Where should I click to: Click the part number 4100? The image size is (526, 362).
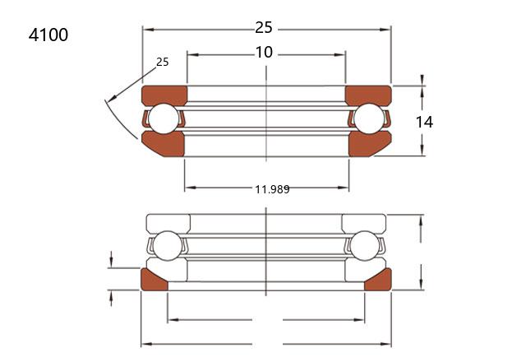[48, 35]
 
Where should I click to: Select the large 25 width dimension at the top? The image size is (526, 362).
[264, 27]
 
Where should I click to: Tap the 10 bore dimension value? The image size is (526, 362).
[264, 53]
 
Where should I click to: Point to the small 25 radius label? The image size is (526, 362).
[163, 62]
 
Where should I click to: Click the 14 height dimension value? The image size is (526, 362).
[424, 122]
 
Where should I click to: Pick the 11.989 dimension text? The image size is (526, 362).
[272, 189]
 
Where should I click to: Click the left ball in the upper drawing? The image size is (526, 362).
[164, 118]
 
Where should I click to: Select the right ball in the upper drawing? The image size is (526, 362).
[369, 118]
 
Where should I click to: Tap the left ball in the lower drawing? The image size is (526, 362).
[168, 246]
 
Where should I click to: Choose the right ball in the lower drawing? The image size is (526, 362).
[364, 246]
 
